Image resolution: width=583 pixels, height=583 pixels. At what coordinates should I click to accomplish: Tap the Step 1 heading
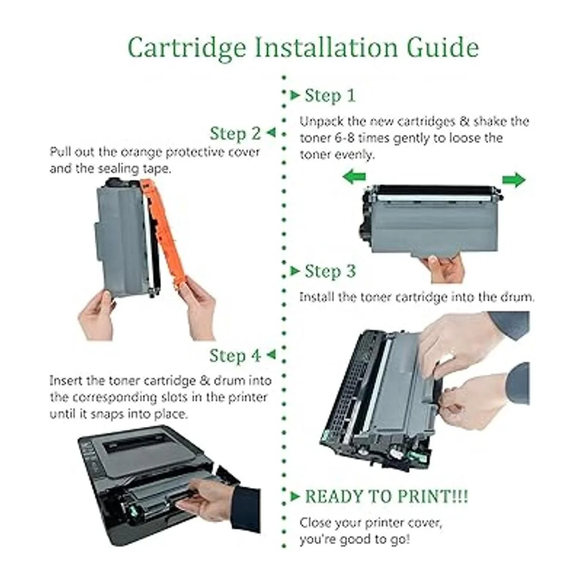(330, 96)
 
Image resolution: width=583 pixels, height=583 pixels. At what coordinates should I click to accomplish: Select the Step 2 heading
(235, 134)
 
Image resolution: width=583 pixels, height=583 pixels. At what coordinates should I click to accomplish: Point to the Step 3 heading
(330, 271)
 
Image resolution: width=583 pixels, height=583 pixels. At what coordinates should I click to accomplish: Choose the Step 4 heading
(235, 356)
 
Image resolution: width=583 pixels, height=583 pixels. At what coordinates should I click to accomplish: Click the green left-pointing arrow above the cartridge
(354, 177)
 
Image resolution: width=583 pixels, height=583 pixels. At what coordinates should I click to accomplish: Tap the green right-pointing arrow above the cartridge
(514, 180)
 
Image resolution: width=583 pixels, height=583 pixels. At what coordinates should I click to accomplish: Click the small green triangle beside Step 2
(272, 132)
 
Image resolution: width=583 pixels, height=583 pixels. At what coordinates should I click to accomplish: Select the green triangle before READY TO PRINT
(295, 497)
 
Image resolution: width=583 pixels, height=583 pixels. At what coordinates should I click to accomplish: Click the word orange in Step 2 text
(141, 153)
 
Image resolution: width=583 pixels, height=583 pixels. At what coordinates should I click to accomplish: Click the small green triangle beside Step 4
(272, 354)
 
